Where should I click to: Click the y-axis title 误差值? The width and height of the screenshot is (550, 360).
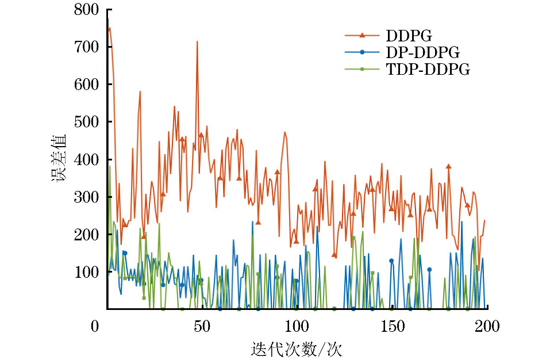tap(59, 159)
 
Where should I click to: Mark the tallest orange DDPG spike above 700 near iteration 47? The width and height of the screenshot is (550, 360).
tap(197, 42)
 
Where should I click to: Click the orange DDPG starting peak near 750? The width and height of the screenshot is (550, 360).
tap(109, 28)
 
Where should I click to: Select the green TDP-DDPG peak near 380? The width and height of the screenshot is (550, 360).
tap(109, 167)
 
